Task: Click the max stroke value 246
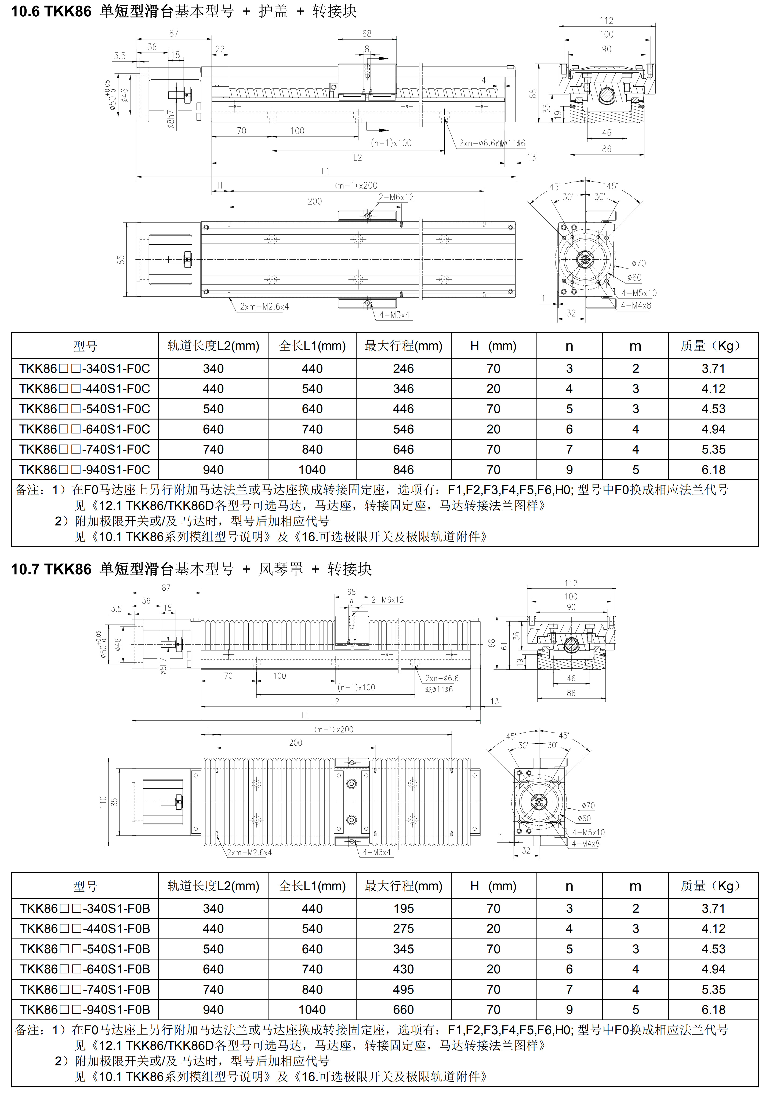pyautogui.click(x=403, y=369)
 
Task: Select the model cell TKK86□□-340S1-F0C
pyautogui.click(x=85, y=369)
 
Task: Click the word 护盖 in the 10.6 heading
pyautogui.click(x=273, y=11)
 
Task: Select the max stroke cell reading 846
pyautogui.click(x=403, y=469)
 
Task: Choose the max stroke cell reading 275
pyautogui.click(x=403, y=929)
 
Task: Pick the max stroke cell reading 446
pyautogui.click(x=403, y=409)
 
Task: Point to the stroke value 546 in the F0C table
pyautogui.click(x=403, y=429)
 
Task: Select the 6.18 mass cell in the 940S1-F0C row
pyautogui.click(x=713, y=469)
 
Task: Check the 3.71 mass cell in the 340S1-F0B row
pyautogui.click(x=713, y=908)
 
